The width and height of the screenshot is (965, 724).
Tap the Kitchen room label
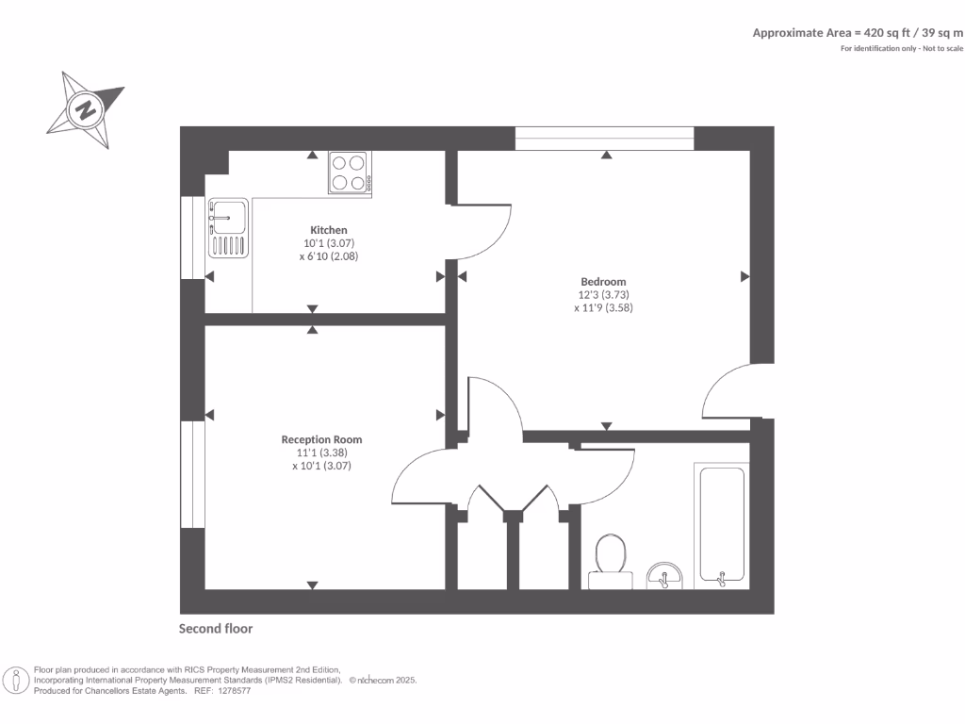[329, 230]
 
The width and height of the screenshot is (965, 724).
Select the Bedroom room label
[603, 281]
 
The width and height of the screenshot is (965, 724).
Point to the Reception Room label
[321, 439]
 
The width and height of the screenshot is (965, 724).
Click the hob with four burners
[350, 173]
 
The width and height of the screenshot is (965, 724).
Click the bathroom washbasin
[666, 576]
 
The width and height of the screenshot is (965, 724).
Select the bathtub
[722, 524]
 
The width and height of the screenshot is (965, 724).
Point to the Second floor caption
[216, 629]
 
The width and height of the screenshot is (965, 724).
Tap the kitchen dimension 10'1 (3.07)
[329, 243]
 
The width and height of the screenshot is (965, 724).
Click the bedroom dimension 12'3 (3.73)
[603, 294]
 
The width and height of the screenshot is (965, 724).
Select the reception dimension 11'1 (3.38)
[321, 452]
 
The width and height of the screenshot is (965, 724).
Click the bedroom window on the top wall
[605, 138]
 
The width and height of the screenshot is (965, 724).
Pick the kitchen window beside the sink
[192, 238]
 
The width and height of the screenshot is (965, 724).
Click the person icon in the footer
[16, 681]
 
